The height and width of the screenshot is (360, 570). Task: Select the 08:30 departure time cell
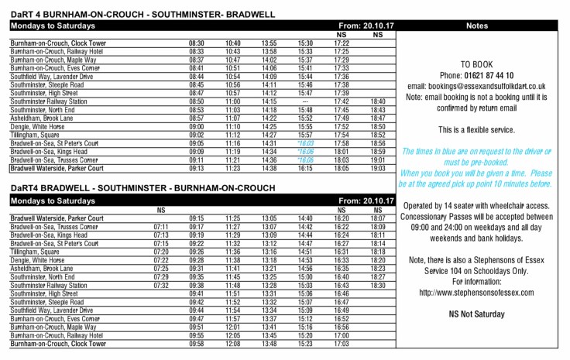point(197,43)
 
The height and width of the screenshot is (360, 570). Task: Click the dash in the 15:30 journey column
point(305,101)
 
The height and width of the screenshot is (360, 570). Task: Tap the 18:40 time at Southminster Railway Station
point(378,101)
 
